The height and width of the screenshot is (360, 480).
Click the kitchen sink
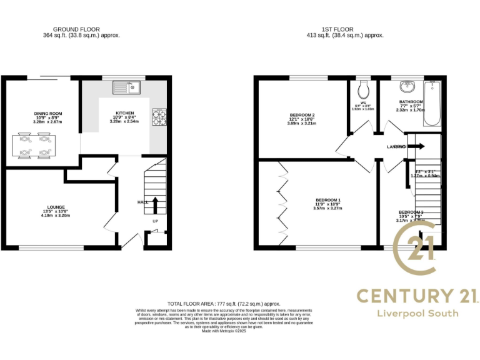coord(132,88)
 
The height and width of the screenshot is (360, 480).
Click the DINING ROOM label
coord(48,114)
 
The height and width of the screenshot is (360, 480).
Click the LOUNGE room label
coord(56,207)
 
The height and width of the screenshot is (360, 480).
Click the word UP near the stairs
coord(155,221)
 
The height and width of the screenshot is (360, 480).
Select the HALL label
coord(142,202)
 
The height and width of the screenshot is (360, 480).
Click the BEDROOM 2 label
coord(302,115)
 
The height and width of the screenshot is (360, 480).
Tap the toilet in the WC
coord(362,87)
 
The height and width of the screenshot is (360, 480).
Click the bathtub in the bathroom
coord(432,103)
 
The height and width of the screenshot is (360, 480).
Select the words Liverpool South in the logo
coord(416,312)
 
